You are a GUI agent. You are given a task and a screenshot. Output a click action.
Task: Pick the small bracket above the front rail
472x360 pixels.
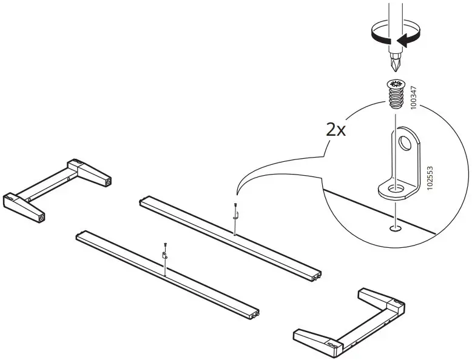(x=164, y=255)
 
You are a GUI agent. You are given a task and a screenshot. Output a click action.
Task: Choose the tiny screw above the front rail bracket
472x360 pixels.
(x=164, y=245)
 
